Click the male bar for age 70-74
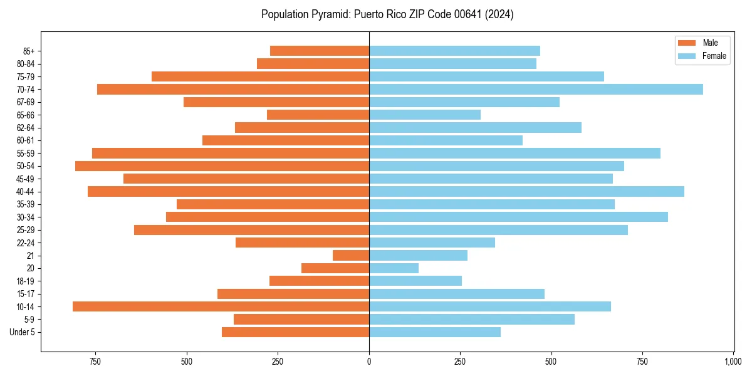click(x=233, y=89)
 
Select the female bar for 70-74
click(x=536, y=89)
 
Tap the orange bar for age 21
click(x=351, y=255)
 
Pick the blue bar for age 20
click(x=394, y=268)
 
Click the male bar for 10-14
click(x=221, y=306)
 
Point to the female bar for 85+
click(x=454, y=51)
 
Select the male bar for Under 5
click(x=295, y=332)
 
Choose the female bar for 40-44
click(x=526, y=191)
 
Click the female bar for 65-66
click(x=425, y=115)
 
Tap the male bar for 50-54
click(x=222, y=166)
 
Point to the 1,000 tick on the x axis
click(x=733, y=362)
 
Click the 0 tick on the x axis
click(x=369, y=362)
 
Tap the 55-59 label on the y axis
click(x=25, y=154)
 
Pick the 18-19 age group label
click(x=25, y=281)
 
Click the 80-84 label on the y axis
click(x=25, y=64)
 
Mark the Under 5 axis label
click(x=23, y=332)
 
